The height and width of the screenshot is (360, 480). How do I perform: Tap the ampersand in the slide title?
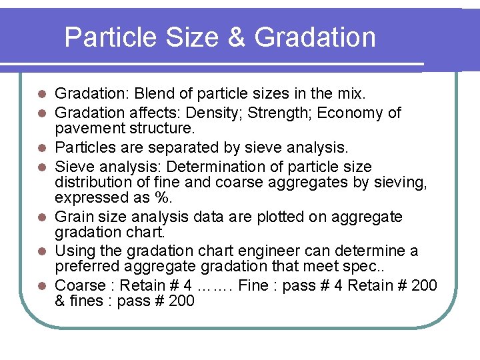(237, 37)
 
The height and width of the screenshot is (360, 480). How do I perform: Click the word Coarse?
(80, 285)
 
